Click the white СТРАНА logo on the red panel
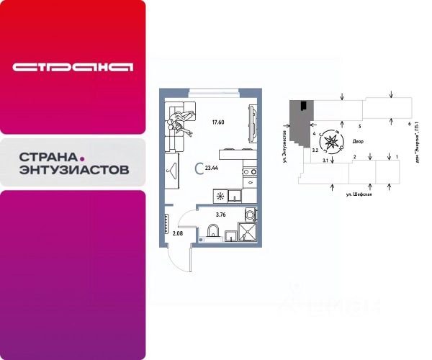[x=72, y=67]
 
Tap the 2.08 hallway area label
[x=177, y=233]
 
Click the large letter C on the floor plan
[x=199, y=168]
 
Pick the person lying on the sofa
[x=178, y=125]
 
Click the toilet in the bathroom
[x=212, y=230]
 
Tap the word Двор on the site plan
[x=358, y=143]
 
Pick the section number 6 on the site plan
[x=408, y=125]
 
